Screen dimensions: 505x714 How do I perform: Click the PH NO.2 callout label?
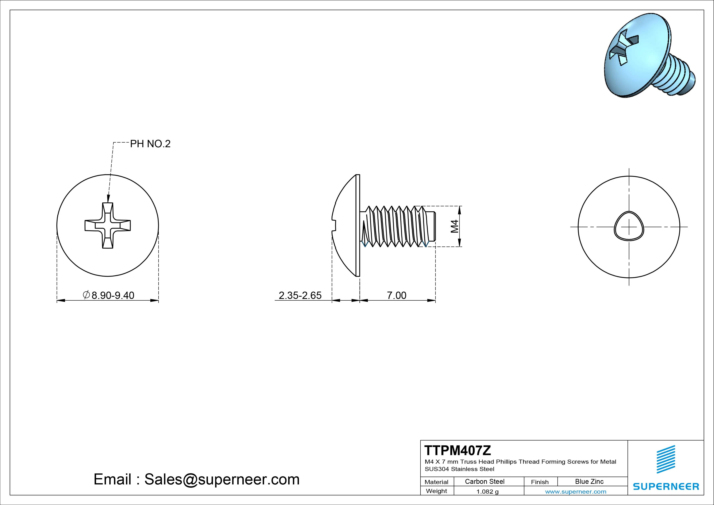click(150, 144)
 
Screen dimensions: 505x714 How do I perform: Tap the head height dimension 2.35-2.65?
click(300, 295)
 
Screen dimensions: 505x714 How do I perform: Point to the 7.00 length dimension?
click(396, 295)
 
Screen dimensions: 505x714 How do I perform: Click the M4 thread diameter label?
click(455, 226)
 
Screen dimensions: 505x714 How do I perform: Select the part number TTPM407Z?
click(458, 450)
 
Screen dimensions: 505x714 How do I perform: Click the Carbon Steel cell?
click(484, 481)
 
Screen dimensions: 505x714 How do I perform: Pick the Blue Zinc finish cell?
click(589, 481)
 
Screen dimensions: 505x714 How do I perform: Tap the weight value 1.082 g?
click(487, 492)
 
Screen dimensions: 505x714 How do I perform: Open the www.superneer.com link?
click(576, 492)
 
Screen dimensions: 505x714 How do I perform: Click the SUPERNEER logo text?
click(666, 486)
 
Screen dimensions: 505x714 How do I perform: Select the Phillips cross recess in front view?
click(108, 226)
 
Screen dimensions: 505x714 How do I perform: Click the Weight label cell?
click(436, 491)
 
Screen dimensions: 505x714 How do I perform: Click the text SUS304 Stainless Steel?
click(459, 469)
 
